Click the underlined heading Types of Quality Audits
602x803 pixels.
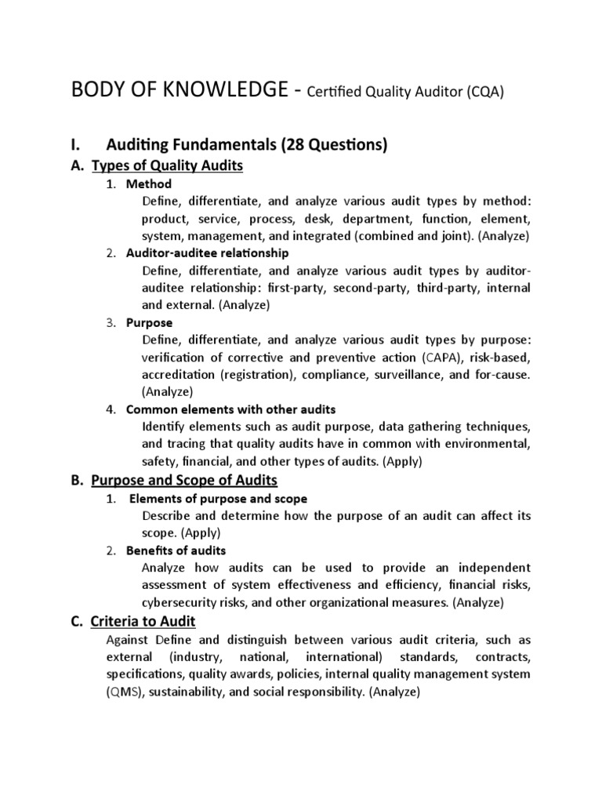click(x=168, y=165)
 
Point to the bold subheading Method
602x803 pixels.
click(x=143, y=183)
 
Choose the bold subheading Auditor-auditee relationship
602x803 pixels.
click(x=207, y=253)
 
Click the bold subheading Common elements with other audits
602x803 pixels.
click(x=230, y=409)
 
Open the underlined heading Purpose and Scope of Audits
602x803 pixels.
click(x=184, y=479)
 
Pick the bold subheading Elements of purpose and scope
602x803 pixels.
click(x=218, y=499)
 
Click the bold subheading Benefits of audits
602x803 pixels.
click(x=176, y=550)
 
